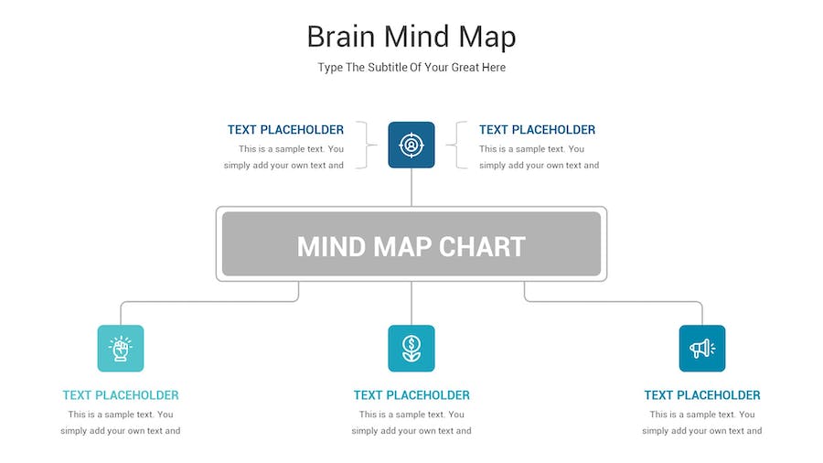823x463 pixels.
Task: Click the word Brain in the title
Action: [x=341, y=37]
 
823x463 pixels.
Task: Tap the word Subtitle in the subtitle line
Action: [x=387, y=67]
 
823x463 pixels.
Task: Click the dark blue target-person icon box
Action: [x=411, y=145]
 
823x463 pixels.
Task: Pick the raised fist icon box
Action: [x=121, y=348]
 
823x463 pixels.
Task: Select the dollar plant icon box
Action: [x=411, y=348]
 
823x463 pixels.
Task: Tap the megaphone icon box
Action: [x=702, y=348]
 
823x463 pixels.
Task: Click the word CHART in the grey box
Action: [x=482, y=247]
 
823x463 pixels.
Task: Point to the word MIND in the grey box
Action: [x=331, y=247]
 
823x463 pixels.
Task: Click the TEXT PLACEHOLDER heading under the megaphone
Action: [x=702, y=394]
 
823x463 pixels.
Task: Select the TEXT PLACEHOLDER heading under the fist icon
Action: [x=121, y=394]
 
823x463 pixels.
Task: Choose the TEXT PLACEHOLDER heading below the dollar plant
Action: [x=411, y=394]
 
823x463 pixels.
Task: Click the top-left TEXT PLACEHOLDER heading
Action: [x=285, y=130]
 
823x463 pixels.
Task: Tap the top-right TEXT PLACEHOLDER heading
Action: [x=537, y=130]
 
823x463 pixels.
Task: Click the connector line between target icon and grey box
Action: [x=411, y=188]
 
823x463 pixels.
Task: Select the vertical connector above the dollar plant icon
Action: [x=411, y=304]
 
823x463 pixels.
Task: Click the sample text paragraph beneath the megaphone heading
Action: [x=702, y=423]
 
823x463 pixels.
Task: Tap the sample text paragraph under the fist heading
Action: [x=121, y=423]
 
